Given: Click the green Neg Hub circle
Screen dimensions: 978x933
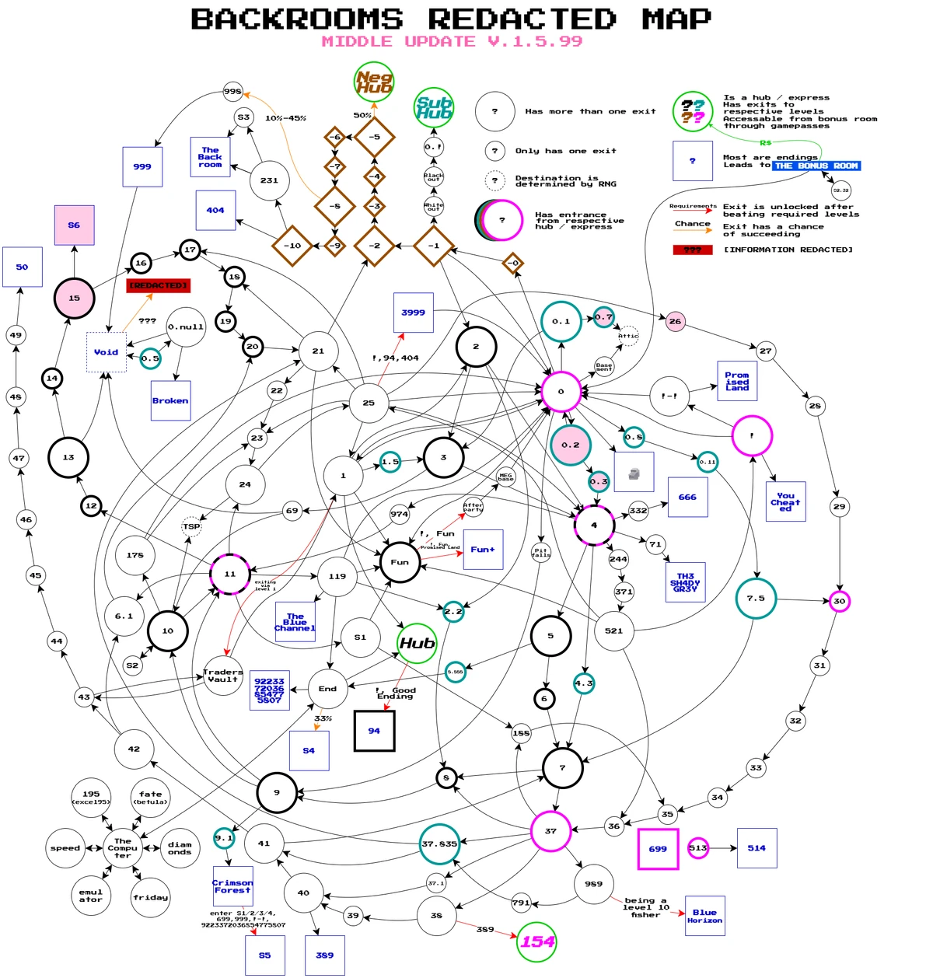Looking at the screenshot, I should pyautogui.click(x=374, y=82).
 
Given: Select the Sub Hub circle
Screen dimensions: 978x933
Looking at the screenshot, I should pyautogui.click(x=434, y=107).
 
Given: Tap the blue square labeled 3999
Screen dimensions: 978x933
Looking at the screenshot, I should pyautogui.click(x=414, y=313).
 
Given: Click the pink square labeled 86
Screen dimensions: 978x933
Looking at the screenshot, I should pyautogui.click(x=74, y=225).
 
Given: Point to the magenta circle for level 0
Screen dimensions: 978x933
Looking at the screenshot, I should pyautogui.click(x=561, y=391).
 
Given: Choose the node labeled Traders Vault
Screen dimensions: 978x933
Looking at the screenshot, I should pyautogui.click(x=223, y=676).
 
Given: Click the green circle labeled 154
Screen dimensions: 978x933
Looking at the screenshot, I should pyautogui.click(x=537, y=941).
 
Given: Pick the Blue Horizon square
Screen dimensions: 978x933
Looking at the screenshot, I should pyautogui.click(x=704, y=917).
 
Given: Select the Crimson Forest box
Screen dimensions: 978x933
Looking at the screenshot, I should pyautogui.click(x=232, y=886).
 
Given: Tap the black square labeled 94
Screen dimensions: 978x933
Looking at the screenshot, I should pyautogui.click(x=374, y=731).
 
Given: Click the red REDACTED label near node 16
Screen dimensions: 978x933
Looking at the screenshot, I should pyautogui.click(x=159, y=286).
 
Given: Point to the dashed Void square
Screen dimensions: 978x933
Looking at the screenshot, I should pyautogui.click(x=107, y=352).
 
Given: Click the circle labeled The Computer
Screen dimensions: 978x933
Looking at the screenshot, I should pyautogui.click(x=123, y=848).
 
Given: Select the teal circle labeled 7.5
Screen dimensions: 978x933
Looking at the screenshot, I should pyautogui.click(x=756, y=599).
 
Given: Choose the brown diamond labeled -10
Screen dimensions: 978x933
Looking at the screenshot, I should pyautogui.click(x=292, y=246).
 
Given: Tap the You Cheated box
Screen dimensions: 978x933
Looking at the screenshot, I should pyautogui.click(x=785, y=502).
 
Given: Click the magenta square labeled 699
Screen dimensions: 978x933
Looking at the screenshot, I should pyautogui.click(x=658, y=849).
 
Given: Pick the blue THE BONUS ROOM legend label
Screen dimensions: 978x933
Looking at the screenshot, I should pyautogui.click(x=816, y=166).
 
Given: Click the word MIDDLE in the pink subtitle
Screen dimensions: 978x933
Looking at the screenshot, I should pyautogui.click(x=356, y=42).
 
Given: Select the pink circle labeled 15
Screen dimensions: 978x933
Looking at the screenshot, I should pyautogui.click(x=74, y=298).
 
